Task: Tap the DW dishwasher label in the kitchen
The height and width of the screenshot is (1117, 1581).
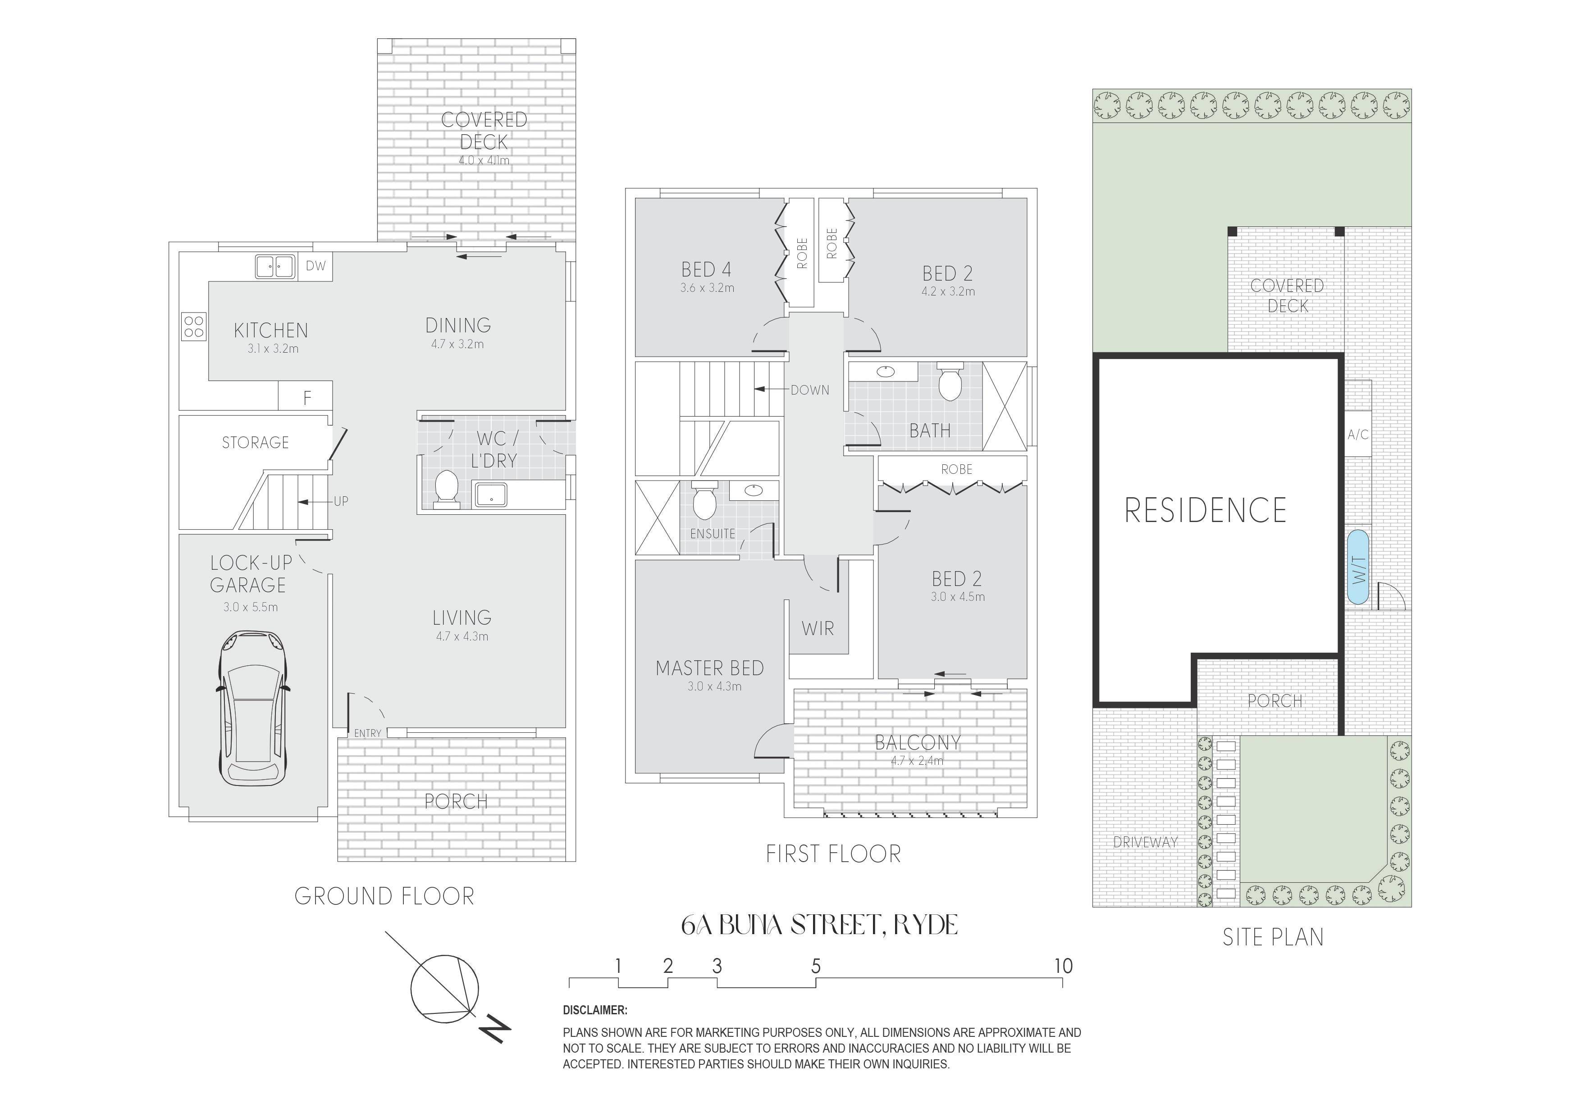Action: pyautogui.click(x=315, y=266)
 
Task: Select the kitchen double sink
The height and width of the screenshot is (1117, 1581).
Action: pyautogui.click(x=275, y=266)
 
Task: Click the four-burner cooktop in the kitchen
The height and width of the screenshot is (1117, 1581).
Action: pyautogui.click(x=194, y=326)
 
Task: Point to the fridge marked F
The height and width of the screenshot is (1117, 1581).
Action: pyautogui.click(x=307, y=397)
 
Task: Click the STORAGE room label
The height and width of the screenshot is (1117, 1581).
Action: pyautogui.click(x=256, y=443)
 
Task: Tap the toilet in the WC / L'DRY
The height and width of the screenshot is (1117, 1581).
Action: pyautogui.click(x=448, y=489)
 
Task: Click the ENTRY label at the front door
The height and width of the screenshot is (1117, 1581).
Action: pyautogui.click(x=368, y=734)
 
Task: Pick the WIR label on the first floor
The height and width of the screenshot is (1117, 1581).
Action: pyautogui.click(x=818, y=628)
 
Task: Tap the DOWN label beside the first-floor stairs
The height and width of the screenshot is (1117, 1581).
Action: pyautogui.click(x=810, y=390)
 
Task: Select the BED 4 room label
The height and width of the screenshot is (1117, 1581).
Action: pyautogui.click(x=707, y=269)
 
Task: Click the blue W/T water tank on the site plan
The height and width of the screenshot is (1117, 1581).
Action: pyautogui.click(x=1358, y=567)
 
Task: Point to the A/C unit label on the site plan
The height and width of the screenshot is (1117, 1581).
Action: pyautogui.click(x=1358, y=435)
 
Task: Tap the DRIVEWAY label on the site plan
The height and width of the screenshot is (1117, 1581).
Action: pyautogui.click(x=1146, y=842)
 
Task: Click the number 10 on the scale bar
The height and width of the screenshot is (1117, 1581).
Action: pyautogui.click(x=1064, y=966)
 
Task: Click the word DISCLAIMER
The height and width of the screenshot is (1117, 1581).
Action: pyautogui.click(x=595, y=1010)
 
